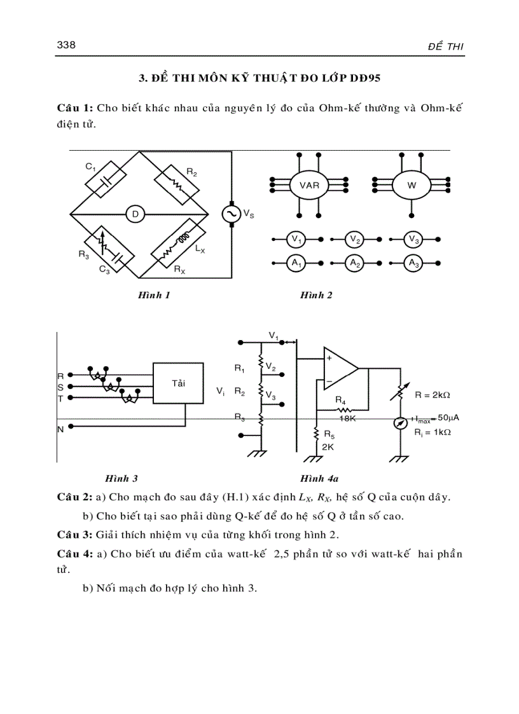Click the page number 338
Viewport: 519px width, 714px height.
tap(66, 45)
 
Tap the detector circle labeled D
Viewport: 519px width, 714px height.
tap(135, 214)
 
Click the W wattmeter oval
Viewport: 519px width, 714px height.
tap(412, 186)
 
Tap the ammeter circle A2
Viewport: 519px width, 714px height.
tap(355, 262)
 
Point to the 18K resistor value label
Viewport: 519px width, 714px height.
tap(347, 419)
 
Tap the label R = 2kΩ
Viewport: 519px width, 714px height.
tap(432, 395)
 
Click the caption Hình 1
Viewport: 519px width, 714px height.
tap(154, 295)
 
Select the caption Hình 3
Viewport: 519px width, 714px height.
tap(121, 477)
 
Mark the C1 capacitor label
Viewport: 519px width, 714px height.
tap(90, 167)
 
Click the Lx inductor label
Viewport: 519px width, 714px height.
tap(200, 251)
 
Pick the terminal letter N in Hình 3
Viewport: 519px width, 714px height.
tap(61, 429)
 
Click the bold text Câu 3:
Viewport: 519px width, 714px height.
tap(74, 533)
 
